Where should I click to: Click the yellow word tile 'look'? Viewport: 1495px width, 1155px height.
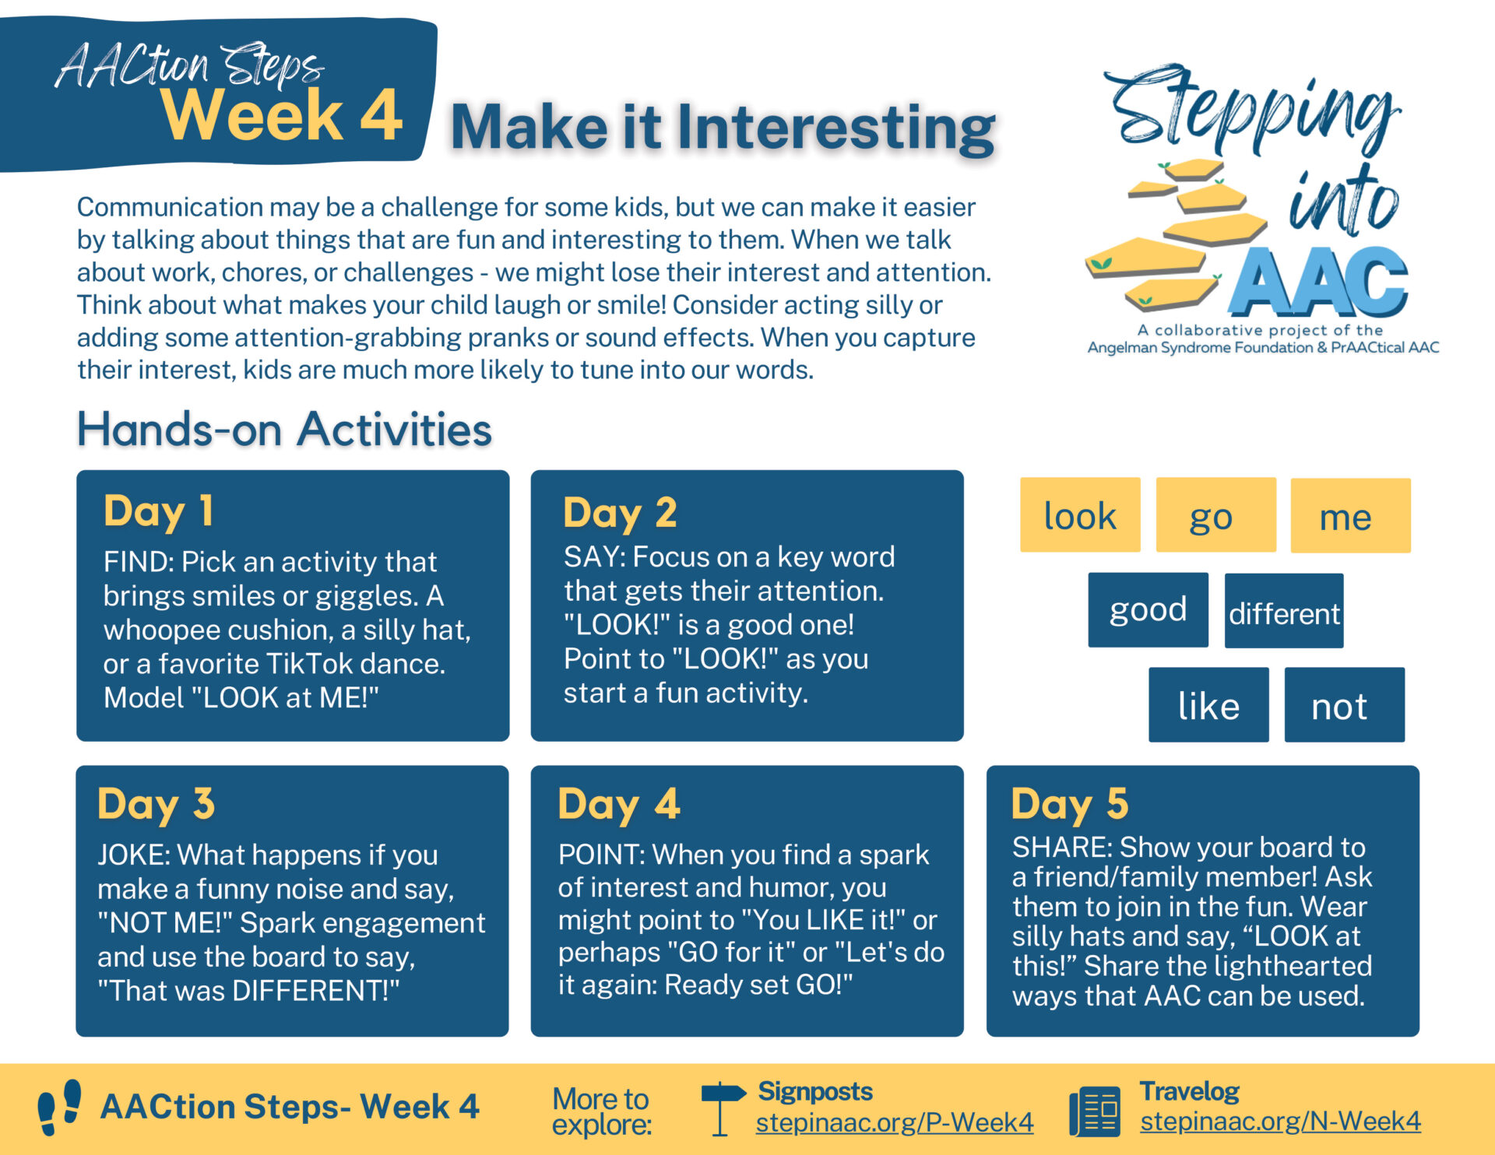tap(1080, 514)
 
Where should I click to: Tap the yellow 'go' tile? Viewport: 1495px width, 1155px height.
tap(1215, 514)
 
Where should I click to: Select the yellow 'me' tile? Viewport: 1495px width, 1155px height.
tap(1350, 515)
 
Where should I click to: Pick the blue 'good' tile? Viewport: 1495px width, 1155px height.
tap(1148, 609)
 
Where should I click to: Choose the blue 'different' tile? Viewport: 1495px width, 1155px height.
tap(1284, 611)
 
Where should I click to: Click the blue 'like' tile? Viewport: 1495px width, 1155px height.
tap(1208, 704)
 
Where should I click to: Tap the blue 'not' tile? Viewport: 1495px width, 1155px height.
tap(1345, 704)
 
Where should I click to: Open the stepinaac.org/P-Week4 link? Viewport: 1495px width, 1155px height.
tap(895, 1122)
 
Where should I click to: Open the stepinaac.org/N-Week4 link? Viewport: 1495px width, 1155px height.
tap(1280, 1121)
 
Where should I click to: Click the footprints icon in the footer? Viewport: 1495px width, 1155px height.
tap(60, 1107)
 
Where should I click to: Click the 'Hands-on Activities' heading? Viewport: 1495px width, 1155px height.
tap(284, 429)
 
